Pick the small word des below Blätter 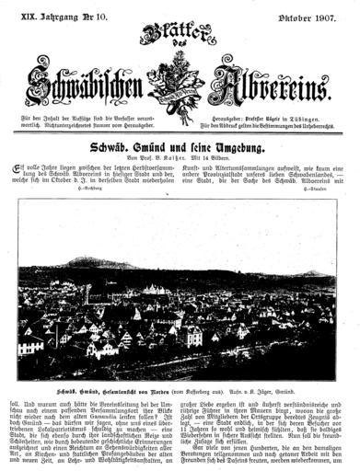(180, 58)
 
